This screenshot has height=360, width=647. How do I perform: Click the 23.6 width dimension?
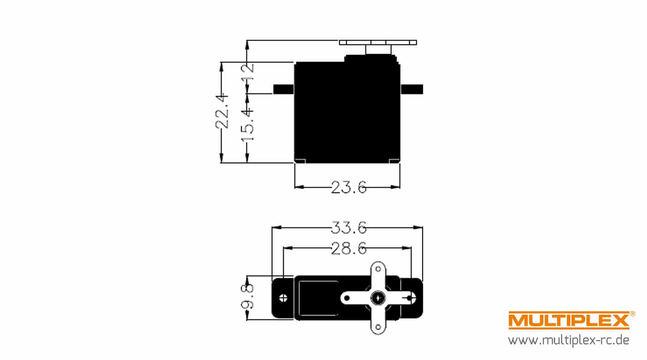point(348,187)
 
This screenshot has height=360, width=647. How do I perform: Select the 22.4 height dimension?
point(222,111)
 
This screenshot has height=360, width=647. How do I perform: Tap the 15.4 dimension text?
point(247,125)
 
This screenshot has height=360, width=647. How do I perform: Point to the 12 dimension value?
point(247,72)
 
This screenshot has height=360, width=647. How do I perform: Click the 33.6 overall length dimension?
point(348,227)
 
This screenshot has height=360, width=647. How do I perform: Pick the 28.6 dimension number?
point(348,248)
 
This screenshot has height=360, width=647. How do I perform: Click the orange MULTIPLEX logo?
point(569,320)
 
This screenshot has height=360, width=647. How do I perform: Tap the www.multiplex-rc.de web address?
point(568,340)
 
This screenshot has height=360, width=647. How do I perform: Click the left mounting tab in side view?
point(284,89)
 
